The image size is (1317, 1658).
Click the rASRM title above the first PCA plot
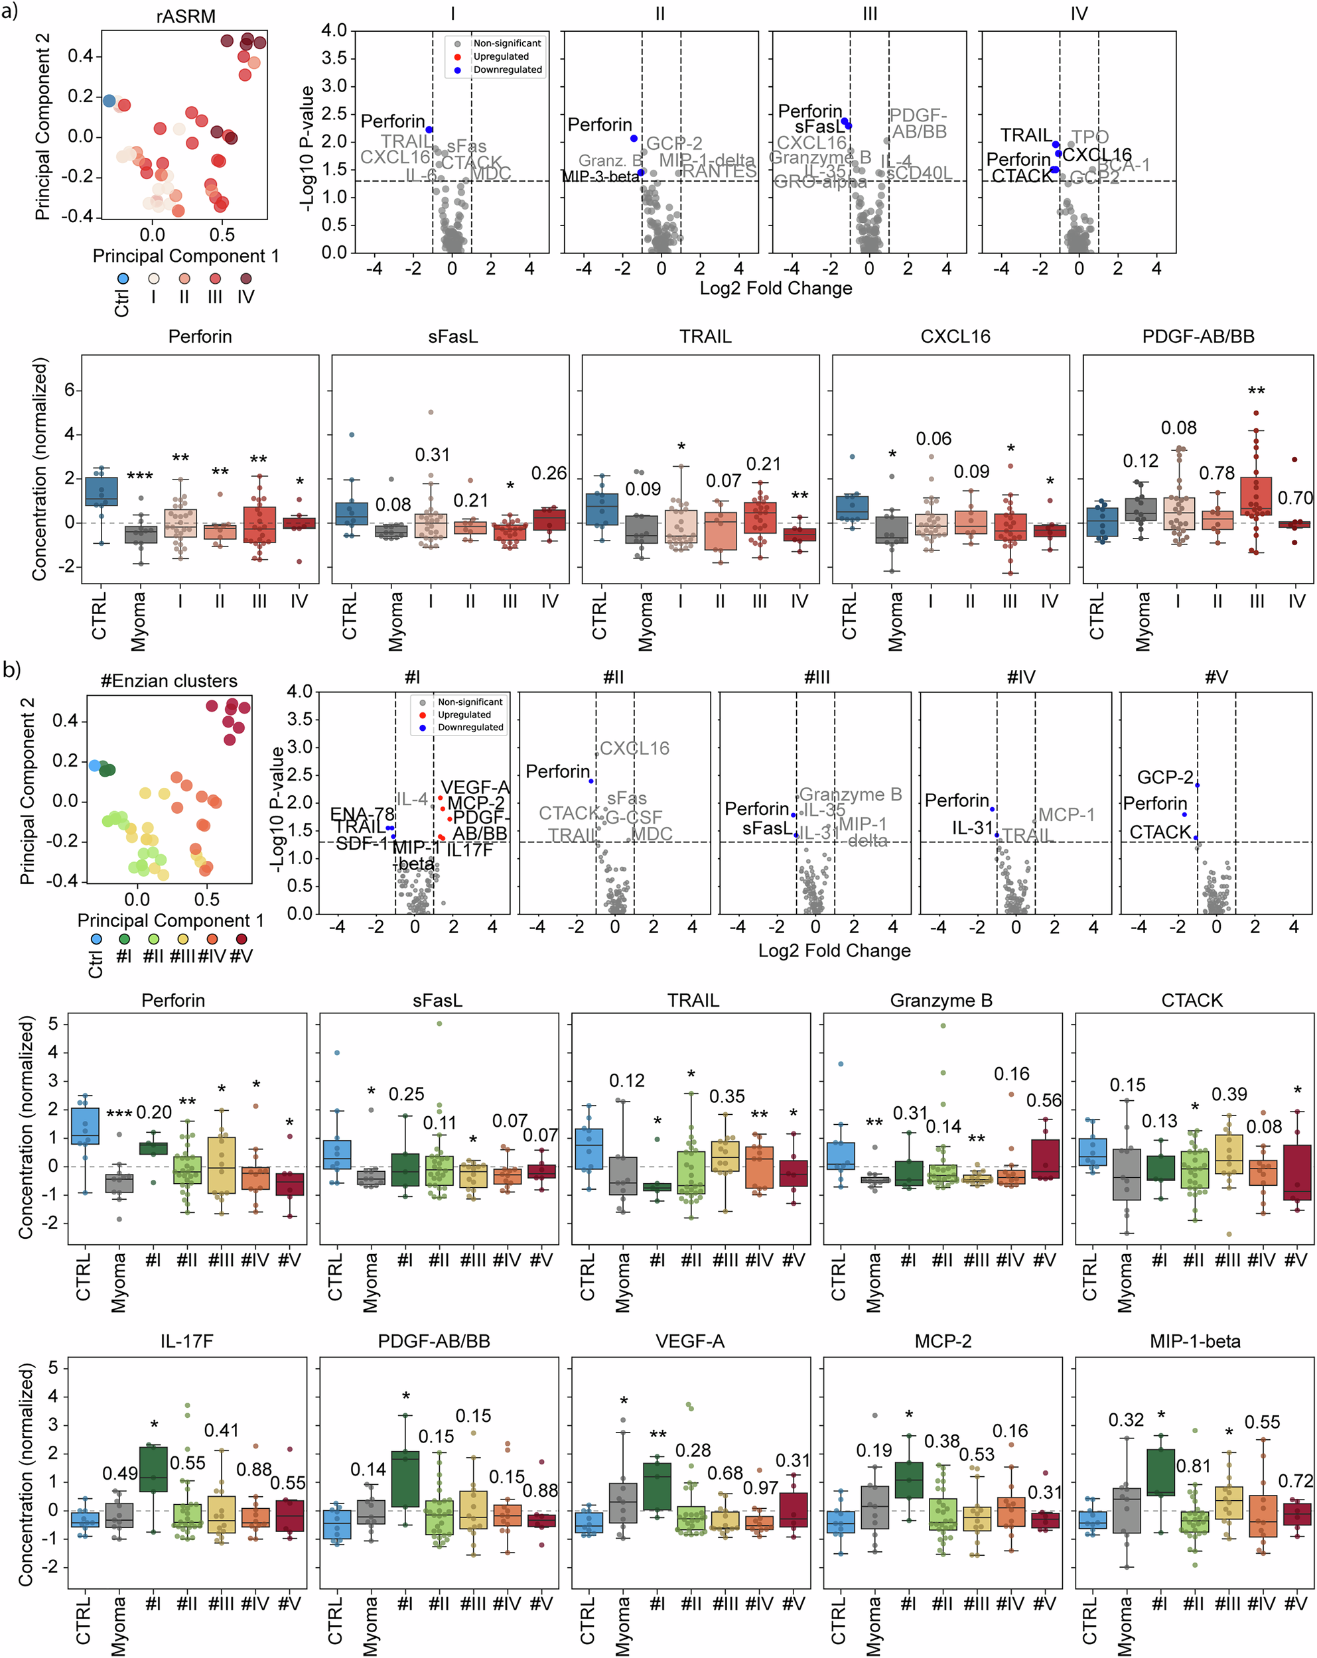[x=185, y=16]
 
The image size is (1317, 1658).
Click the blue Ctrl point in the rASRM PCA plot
[x=109, y=101]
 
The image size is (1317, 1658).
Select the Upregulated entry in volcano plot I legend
[x=500, y=56]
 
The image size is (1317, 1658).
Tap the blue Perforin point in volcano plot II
[x=634, y=139]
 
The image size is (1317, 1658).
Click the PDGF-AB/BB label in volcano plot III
[x=918, y=124]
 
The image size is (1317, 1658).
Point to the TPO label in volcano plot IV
[x=1089, y=137]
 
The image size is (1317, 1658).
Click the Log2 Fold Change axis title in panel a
[x=775, y=288]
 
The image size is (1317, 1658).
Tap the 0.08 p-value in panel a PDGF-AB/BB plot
[x=1178, y=428]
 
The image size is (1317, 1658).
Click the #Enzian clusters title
[x=169, y=680]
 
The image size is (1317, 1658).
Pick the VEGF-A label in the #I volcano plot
[x=474, y=787]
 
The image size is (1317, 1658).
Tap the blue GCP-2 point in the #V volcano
[x=1197, y=785]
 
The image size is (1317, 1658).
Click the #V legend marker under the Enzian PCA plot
[x=242, y=939]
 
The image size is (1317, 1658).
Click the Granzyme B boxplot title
[x=940, y=1001]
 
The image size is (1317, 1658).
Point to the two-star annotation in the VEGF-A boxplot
[x=657, y=1436]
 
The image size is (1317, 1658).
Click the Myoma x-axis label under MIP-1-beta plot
[x=1125, y=1626]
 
